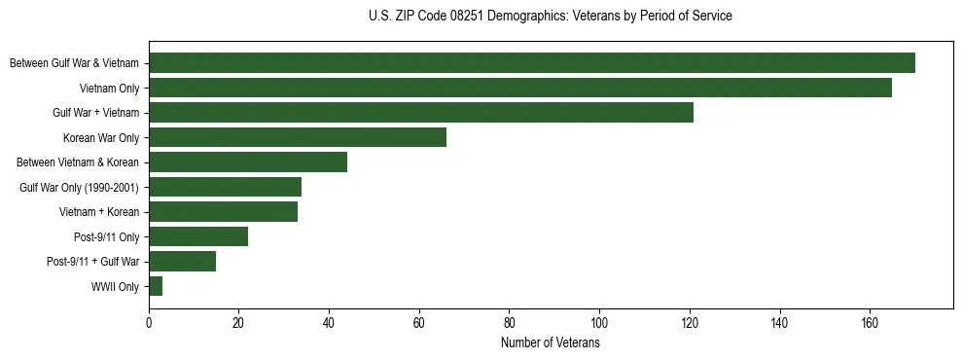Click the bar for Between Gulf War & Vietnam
point(532,63)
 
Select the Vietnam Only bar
point(520,88)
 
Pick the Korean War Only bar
point(298,137)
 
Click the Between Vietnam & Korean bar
point(248,162)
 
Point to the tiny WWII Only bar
point(156,286)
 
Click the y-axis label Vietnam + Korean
point(99,212)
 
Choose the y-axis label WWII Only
point(115,286)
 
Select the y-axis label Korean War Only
point(101,137)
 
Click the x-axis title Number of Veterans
point(550,343)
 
